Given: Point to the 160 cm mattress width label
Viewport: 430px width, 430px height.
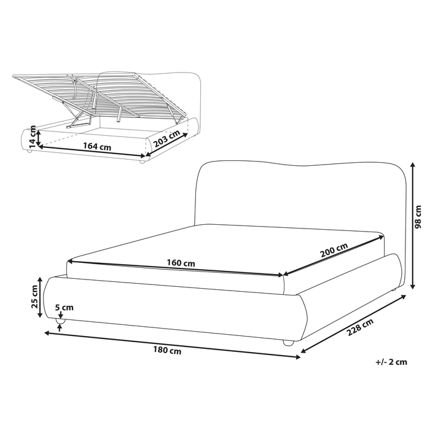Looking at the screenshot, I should pyautogui.click(x=181, y=264).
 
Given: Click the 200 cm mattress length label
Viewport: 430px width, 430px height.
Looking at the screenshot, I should pyautogui.click(x=334, y=251).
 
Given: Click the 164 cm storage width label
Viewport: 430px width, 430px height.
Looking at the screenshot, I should pyautogui.click(x=97, y=147).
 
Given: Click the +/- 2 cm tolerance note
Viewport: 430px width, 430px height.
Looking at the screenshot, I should pyautogui.click(x=391, y=362).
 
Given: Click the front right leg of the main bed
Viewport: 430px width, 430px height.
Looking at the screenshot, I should pyautogui.click(x=287, y=343).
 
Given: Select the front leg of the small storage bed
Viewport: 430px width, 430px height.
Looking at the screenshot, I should pyautogui.click(x=142, y=160).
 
